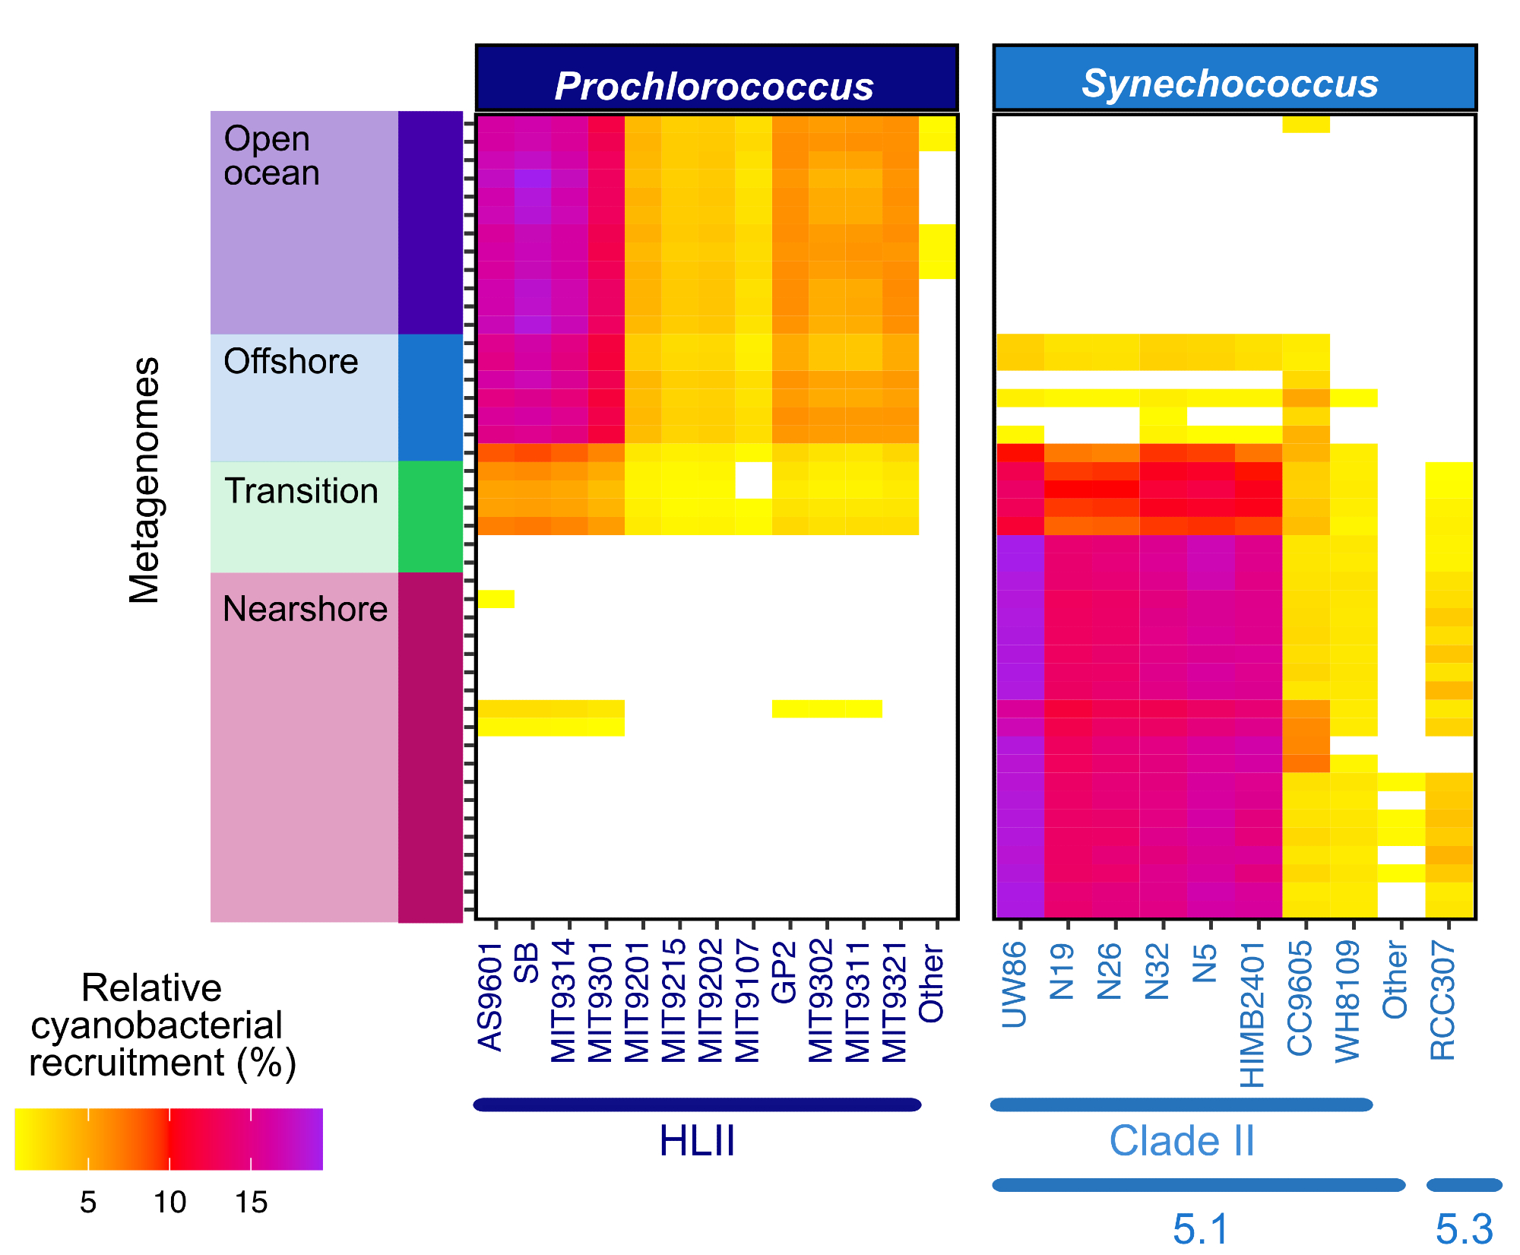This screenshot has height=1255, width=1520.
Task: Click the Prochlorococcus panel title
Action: (714, 86)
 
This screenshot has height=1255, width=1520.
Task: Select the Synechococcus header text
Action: (1230, 83)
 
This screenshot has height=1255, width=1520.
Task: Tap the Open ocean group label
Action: (271, 156)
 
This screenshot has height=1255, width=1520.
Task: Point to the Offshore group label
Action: (290, 361)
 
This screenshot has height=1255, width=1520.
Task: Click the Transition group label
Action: (301, 491)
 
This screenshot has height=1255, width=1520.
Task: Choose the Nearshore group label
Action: (305, 609)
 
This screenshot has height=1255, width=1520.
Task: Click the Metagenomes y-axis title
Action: (144, 480)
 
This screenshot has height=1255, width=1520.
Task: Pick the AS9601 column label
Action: (491, 997)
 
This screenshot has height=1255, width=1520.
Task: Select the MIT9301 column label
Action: (601, 1001)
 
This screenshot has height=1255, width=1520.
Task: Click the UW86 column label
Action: (1015, 984)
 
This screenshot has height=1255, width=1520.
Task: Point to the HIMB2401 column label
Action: (1252, 1015)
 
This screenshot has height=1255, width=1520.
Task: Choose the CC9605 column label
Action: (1300, 998)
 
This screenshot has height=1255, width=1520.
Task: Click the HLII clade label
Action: (697, 1141)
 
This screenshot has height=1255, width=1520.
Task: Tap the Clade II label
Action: (1181, 1141)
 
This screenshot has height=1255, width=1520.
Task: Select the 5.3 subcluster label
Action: (1464, 1228)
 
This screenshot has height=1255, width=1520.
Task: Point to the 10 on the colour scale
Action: (169, 1203)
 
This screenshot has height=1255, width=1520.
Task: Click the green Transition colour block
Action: (430, 516)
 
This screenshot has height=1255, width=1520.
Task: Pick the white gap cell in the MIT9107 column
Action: (753, 480)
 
